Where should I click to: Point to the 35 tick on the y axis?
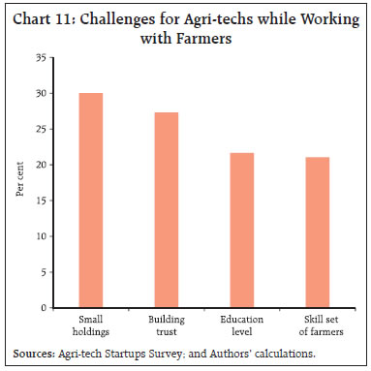(x=41, y=58)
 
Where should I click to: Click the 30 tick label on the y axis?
(x=41, y=94)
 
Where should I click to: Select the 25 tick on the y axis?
(x=41, y=130)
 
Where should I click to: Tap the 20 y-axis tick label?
(x=41, y=166)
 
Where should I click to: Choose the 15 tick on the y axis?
(x=41, y=201)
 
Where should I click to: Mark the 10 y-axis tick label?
(x=41, y=237)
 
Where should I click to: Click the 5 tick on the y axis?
(x=44, y=272)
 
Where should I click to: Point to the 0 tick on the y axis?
(x=44, y=308)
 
